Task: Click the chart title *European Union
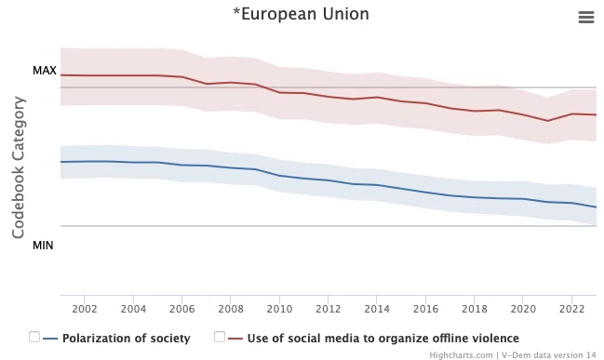301,14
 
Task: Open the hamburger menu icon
586,17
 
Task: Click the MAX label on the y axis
45,71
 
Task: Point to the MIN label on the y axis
43,246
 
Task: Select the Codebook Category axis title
18,167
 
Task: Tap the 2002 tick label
85,309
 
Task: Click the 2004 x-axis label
133,309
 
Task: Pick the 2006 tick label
181,309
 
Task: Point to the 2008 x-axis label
231,309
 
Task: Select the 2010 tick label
279,309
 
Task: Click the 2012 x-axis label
329,309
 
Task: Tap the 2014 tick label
377,309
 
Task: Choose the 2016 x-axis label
425,309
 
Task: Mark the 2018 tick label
475,309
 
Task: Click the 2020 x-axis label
523,309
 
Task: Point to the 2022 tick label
571,309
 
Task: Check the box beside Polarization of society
34,337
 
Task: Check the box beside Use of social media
220,337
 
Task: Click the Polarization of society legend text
127,338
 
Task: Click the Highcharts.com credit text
461,355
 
